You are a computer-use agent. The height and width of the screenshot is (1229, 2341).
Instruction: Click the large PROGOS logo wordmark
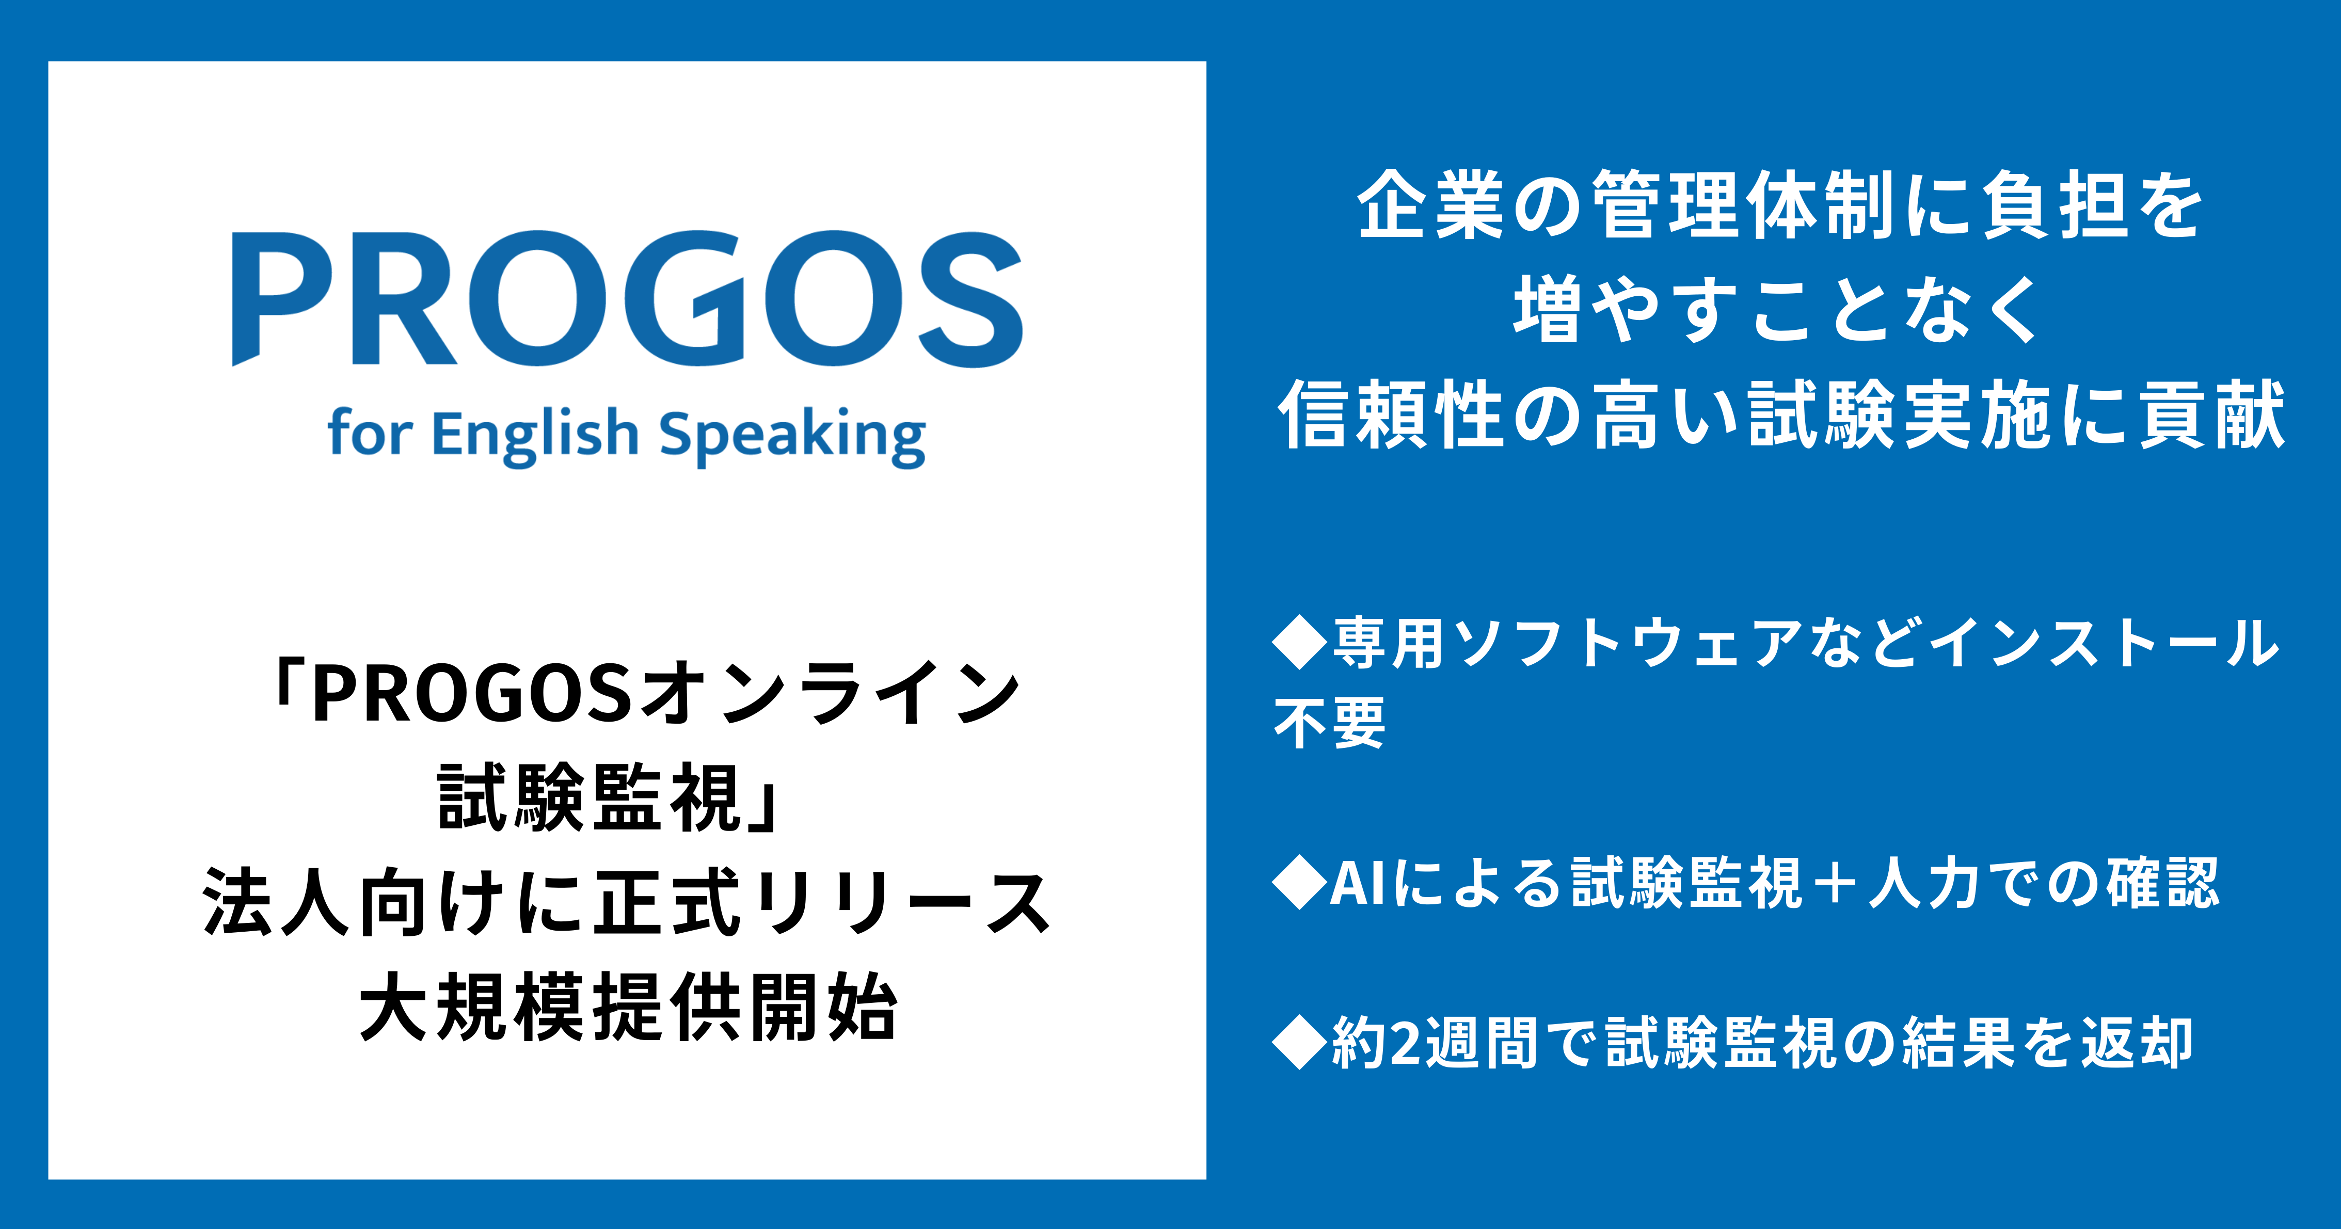point(627,298)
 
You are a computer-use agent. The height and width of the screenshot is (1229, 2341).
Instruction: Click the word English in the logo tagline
point(535,436)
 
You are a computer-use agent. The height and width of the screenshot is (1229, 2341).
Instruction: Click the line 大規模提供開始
point(628,1007)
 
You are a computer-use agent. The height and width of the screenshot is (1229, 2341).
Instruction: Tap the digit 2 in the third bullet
point(1405,1043)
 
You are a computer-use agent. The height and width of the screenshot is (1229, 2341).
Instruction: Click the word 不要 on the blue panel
point(1330,723)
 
